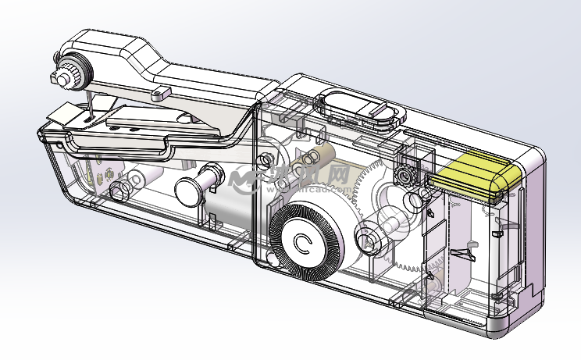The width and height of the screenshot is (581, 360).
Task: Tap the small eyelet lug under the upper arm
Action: [162, 93]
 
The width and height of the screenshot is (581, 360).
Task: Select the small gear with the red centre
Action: [405, 174]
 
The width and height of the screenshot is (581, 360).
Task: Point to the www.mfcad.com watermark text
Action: [308, 187]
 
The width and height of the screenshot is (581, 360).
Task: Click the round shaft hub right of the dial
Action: [367, 234]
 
